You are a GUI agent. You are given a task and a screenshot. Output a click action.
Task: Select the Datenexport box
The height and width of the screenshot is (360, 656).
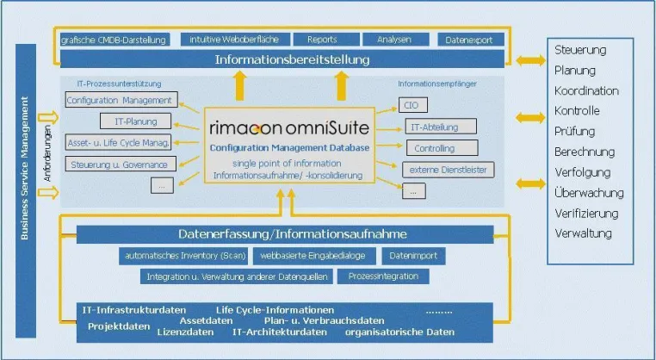pos(471,40)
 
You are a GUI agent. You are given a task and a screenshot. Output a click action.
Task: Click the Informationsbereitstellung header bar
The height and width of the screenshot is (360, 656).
pos(282,59)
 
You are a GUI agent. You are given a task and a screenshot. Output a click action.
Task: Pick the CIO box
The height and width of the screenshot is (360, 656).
pos(413,105)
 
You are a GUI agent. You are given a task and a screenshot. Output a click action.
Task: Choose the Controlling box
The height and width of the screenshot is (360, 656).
pos(442,148)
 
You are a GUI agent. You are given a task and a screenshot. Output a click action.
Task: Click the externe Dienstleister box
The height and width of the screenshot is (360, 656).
pos(448,170)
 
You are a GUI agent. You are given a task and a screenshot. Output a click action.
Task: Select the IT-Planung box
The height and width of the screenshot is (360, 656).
pos(135,121)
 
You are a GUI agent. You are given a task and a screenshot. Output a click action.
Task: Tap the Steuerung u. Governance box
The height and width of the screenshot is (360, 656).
pos(121,164)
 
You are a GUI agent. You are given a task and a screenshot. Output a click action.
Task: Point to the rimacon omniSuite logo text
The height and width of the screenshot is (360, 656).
pos(289,127)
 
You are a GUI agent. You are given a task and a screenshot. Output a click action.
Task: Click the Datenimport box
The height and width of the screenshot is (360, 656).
pos(413,256)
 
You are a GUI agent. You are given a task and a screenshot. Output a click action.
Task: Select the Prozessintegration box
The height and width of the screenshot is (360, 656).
pos(383,276)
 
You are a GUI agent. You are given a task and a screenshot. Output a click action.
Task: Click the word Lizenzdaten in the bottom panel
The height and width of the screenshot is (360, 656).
pos(185,332)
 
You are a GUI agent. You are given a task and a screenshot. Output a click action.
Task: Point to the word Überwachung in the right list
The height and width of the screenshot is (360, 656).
pos(589,193)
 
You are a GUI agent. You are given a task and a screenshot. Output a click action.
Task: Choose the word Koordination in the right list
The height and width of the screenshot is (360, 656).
pos(586,90)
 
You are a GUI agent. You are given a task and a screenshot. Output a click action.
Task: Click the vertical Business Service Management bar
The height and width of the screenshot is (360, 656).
pos(26,191)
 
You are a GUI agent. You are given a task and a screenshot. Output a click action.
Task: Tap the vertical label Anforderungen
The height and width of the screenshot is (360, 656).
pos(47,153)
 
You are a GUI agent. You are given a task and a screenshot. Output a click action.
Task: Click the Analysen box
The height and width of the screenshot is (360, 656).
pos(395,40)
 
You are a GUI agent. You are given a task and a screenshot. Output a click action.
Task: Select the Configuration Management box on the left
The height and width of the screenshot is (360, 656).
pos(121,100)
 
